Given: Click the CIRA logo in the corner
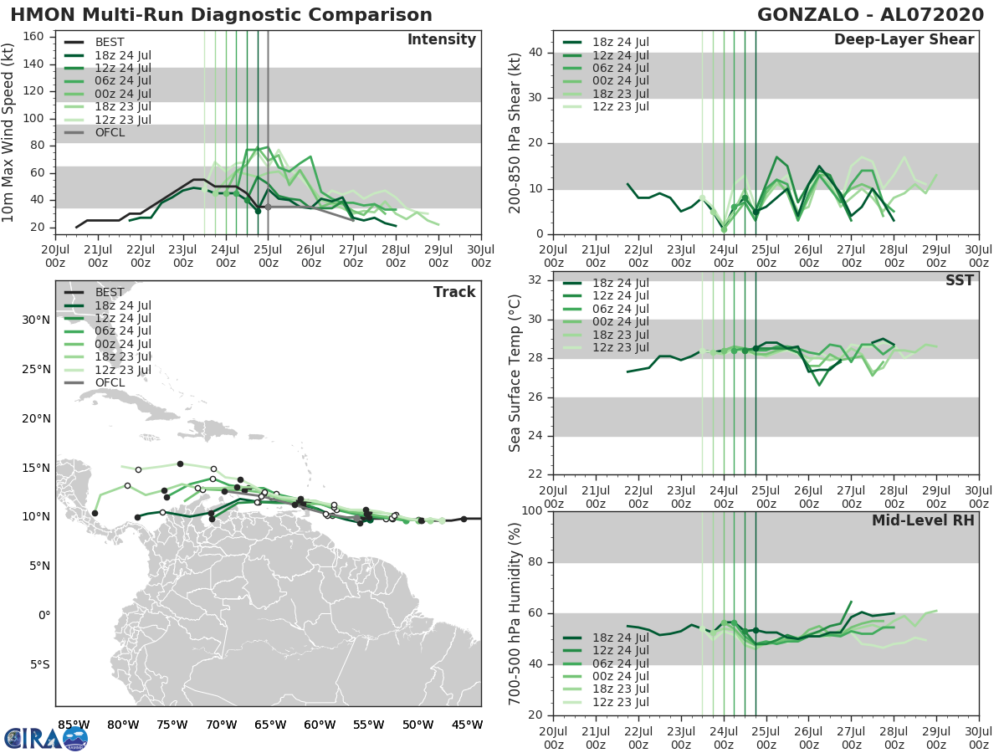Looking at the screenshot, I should click(x=46, y=738).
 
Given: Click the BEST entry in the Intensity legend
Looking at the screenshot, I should click(x=110, y=42).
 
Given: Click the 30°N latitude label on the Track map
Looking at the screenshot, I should click(x=35, y=320).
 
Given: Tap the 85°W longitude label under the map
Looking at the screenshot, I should click(x=74, y=725).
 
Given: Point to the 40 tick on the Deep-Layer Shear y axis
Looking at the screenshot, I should click(x=535, y=53).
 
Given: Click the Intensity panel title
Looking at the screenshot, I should click(x=441, y=40).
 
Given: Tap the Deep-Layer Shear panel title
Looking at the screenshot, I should click(x=904, y=40).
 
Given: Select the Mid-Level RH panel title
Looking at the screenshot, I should click(x=923, y=520).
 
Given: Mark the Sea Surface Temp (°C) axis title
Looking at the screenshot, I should click(x=515, y=372).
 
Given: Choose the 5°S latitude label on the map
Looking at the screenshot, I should click(x=35, y=665).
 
